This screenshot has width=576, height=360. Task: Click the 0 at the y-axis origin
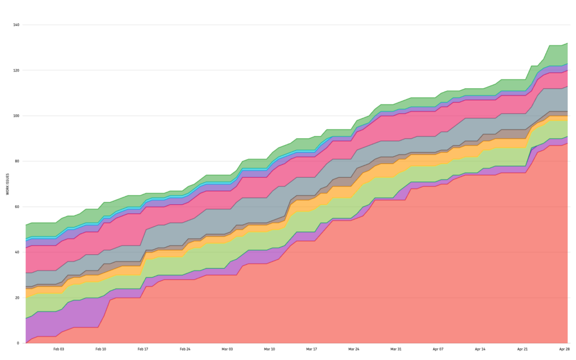(x=18, y=343)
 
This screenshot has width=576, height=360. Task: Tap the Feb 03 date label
(x=58, y=349)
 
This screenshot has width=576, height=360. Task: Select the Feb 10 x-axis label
(x=101, y=349)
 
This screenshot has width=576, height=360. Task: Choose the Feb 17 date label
(x=143, y=349)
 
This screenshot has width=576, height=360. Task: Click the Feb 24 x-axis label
(x=185, y=349)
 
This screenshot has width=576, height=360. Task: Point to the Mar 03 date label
(x=227, y=349)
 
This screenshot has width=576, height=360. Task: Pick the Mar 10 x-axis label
(x=269, y=349)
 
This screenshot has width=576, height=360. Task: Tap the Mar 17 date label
(x=312, y=349)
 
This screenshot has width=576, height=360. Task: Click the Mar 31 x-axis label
(x=396, y=349)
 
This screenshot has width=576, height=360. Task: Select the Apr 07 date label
(x=438, y=349)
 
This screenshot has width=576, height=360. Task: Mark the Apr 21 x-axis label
(x=523, y=349)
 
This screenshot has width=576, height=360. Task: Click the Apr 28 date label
(x=564, y=349)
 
